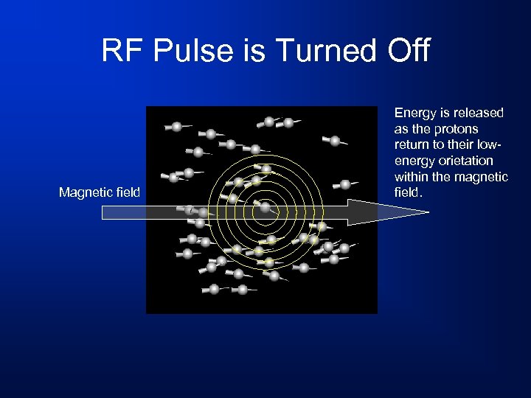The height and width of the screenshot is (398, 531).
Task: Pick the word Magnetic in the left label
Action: (83, 193)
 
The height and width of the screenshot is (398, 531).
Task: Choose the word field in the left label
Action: (125, 193)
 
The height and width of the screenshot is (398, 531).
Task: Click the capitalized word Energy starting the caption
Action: (416, 113)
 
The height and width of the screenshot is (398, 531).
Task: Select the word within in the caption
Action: (412, 177)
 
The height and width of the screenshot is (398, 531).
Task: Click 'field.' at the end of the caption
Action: (409, 192)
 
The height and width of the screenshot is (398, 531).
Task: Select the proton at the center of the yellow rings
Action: (265, 208)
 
